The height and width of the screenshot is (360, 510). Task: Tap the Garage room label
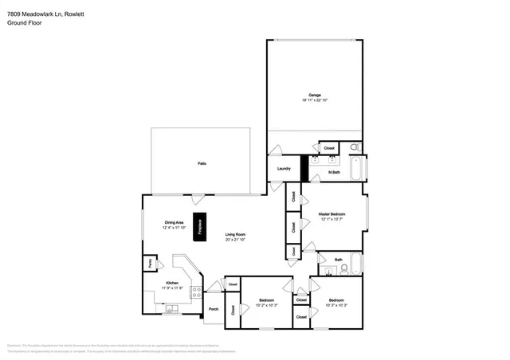(x=315, y=95)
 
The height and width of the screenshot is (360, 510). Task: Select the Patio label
(x=202, y=163)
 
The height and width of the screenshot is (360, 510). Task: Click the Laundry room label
(x=283, y=168)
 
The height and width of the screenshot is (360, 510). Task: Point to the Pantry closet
(x=148, y=263)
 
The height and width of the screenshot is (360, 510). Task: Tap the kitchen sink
(x=171, y=308)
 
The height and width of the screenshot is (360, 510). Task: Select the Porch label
(x=213, y=309)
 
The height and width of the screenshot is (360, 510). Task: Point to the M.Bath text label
(x=335, y=172)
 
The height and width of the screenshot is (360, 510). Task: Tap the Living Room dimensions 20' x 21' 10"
(x=235, y=239)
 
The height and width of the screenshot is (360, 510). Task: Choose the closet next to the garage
(x=328, y=147)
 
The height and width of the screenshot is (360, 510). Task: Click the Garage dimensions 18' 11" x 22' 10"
(x=315, y=100)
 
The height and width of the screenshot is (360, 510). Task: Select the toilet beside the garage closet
(x=355, y=147)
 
